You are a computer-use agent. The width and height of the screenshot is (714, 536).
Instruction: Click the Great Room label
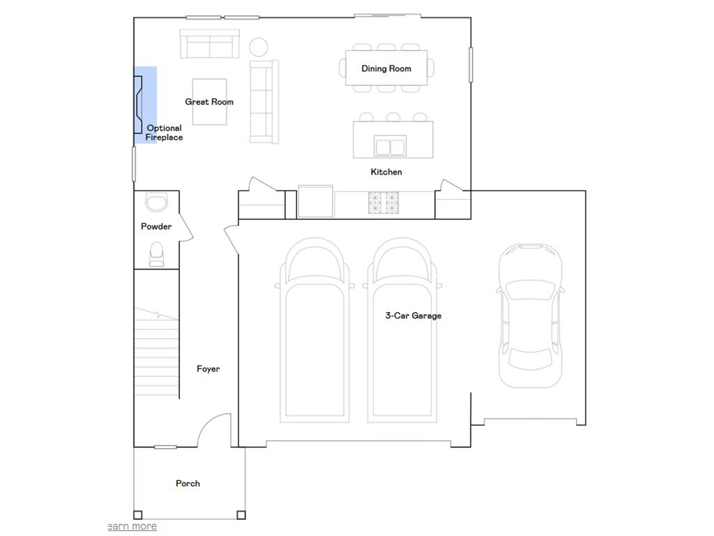pos(209,102)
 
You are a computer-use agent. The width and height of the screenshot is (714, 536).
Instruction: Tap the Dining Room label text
pos(386,68)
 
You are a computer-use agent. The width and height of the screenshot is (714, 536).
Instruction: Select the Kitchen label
pos(386,172)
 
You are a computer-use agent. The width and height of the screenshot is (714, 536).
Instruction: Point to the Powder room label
pos(156,226)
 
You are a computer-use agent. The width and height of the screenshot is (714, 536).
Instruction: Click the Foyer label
pos(208,368)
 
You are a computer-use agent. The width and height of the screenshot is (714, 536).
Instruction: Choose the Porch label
pos(188,483)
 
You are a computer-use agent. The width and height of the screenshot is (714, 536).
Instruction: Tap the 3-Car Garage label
pos(413,315)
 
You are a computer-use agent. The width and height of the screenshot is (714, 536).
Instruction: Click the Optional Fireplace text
pos(164,133)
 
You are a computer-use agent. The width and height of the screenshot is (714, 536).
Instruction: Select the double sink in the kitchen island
pos(390,146)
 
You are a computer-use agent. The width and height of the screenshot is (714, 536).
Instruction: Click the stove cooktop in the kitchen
pos(383,203)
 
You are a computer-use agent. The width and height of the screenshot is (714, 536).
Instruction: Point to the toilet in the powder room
pos(157,254)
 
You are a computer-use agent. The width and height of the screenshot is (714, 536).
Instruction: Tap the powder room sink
pos(157,202)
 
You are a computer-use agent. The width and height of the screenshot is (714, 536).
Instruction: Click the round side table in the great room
pos(259,47)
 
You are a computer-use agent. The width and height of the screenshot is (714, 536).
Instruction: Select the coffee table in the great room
pos(209,102)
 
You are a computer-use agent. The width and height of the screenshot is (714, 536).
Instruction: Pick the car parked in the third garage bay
pos(531,315)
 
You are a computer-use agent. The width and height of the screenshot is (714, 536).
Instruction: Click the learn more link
pos(132,526)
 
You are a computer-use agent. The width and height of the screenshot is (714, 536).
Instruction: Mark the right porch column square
pos(241,515)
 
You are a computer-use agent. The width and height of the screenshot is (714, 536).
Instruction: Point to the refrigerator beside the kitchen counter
pos(315,201)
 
